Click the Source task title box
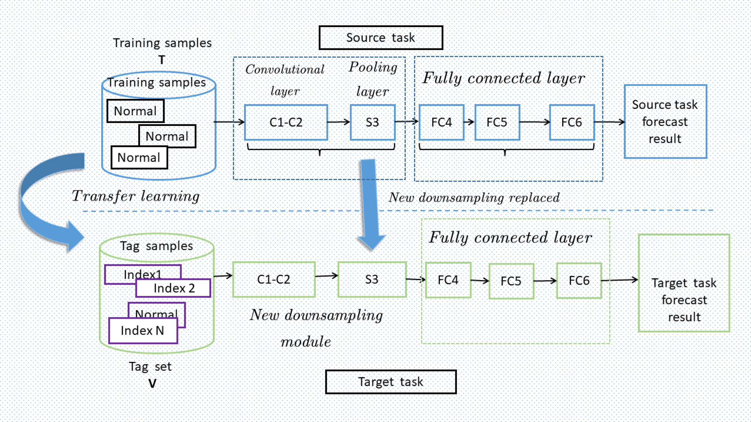tap(381, 38)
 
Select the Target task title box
tap(391, 382)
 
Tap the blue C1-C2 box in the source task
tap(286, 122)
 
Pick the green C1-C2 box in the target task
tap(274, 280)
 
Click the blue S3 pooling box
tap(372, 122)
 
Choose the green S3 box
tap(372, 280)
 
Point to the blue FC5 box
tap(497, 122)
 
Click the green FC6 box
tap(579, 281)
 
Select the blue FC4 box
tap(441, 122)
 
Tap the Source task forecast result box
tap(665, 121)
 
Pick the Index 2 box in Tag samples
tap(173, 288)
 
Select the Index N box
tap(143, 331)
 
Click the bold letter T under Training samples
tap(162, 60)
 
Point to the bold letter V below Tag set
tap(152, 384)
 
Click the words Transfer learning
tap(136, 196)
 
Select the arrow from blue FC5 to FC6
tap(534, 122)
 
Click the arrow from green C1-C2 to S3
tap(326, 276)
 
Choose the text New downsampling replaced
tap(474, 198)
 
